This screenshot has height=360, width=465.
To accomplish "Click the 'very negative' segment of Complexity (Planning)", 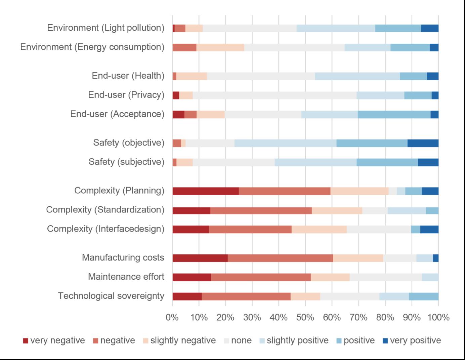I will click(x=206, y=191).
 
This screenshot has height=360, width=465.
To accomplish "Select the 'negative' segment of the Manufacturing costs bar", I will click(x=280, y=258).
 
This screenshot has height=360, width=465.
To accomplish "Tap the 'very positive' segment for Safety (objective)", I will click(x=423, y=143).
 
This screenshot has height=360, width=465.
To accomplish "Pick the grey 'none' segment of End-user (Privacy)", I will click(x=274, y=95).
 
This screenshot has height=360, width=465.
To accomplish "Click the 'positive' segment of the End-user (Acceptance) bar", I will click(x=394, y=115).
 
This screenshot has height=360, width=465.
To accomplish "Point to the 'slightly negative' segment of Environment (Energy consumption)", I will click(x=220, y=47).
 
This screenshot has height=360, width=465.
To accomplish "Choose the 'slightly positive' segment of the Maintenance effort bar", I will click(x=430, y=277).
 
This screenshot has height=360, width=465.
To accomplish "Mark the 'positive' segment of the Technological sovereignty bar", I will click(x=423, y=296).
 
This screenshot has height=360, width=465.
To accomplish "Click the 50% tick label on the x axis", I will click(x=305, y=317).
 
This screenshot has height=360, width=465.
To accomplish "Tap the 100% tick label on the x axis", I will click(x=438, y=317).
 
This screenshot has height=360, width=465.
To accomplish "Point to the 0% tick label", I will click(x=172, y=317).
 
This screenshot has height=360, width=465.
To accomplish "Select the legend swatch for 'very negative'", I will click(x=26, y=341).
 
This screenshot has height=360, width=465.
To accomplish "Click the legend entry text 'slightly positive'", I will click(x=297, y=341).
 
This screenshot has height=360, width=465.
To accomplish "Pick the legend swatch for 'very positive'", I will click(x=385, y=341).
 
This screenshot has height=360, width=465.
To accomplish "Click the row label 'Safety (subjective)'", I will click(x=126, y=162).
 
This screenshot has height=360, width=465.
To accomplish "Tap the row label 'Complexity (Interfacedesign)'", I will click(x=105, y=229).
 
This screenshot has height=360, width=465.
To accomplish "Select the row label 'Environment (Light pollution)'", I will click(x=105, y=28).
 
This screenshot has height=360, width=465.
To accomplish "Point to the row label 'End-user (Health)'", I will click(x=128, y=76).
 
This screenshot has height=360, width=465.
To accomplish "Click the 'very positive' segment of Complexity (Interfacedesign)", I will click(x=429, y=229).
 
